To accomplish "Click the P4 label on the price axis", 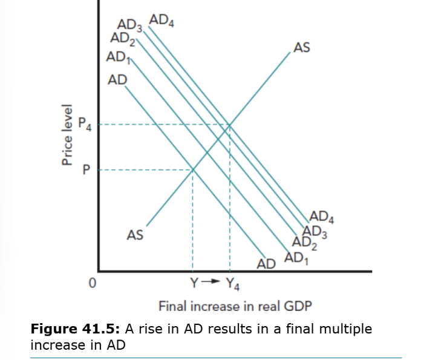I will pyautogui.click(x=86, y=126).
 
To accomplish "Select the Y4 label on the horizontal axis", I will pyautogui.click(x=232, y=283).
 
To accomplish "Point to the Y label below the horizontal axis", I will pyautogui.click(x=194, y=282).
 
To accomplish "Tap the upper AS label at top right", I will pyautogui.click(x=301, y=47).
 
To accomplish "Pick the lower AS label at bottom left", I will pyautogui.click(x=135, y=235).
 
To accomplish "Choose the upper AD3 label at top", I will pyautogui.click(x=129, y=26).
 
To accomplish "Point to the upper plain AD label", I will pyautogui.click(x=117, y=80).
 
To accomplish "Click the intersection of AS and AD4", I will pyautogui.click(x=230, y=125).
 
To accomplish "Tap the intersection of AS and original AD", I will pyautogui.click(x=192, y=170).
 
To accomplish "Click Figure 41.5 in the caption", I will pyautogui.click(x=76, y=329).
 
